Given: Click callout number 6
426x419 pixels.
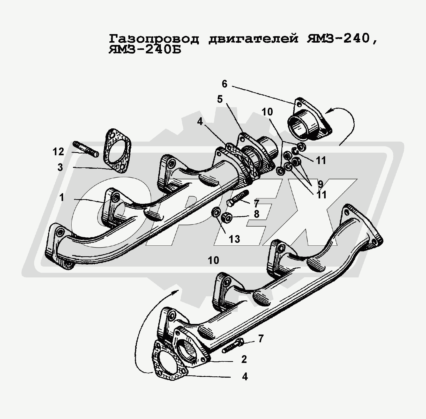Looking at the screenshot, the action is click(x=224, y=84).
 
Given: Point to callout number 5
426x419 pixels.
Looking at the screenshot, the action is click(x=220, y=99).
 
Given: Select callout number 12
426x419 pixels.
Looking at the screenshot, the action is click(x=58, y=152).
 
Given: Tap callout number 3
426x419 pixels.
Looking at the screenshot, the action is click(x=60, y=167).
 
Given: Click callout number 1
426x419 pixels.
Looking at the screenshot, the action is click(x=62, y=198).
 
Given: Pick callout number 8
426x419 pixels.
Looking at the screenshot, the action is click(x=256, y=214).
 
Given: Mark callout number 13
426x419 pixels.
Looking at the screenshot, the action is click(x=234, y=239).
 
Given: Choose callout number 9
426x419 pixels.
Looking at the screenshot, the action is click(x=320, y=184).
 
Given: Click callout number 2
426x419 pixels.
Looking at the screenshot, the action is click(x=244, y=359).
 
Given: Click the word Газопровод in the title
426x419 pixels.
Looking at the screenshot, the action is click(x=154, y=39).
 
